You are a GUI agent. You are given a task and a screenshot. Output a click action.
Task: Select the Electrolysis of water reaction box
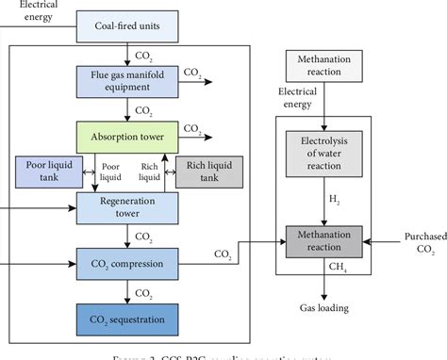coord(324,150)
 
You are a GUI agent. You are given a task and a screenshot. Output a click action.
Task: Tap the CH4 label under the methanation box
coord(333,268)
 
